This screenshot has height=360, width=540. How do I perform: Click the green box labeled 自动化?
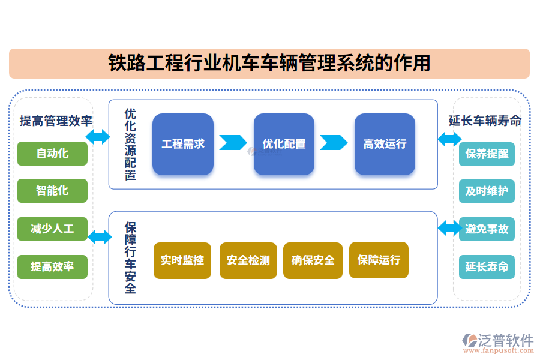(x=52, y=154)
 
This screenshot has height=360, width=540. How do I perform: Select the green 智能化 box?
(x=52, y=191)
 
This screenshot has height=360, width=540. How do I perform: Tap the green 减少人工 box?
(x=52, y=229)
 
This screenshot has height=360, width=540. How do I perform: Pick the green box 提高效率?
(x=52, y=266)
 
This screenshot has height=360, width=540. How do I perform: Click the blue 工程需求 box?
(x=183, y=144)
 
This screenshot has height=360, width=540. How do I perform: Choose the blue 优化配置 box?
(x=284, y=144)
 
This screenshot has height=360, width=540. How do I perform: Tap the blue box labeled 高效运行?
(x=385, y=144)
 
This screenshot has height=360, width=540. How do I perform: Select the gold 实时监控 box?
(x=182, y=260)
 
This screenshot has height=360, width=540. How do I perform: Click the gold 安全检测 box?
(x=248, y=260)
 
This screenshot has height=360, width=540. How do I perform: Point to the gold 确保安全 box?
(x=313, y=260)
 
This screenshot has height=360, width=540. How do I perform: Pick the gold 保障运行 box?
(x=378, y=260)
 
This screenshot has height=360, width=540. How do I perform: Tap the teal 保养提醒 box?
(x=487, y=154)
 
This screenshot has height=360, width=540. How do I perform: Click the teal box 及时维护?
(x=487, y=191)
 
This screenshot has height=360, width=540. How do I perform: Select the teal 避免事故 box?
(x=487, y=229)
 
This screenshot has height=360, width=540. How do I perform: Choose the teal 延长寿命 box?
(x=487, y=266)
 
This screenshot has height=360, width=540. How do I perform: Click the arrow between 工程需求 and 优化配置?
(x=233, y=143)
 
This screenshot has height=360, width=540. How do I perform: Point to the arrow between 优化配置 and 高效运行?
(x=334, y=143)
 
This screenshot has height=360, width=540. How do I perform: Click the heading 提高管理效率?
(x=55, y=121)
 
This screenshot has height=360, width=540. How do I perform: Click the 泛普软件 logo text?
(x=505, y=340)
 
